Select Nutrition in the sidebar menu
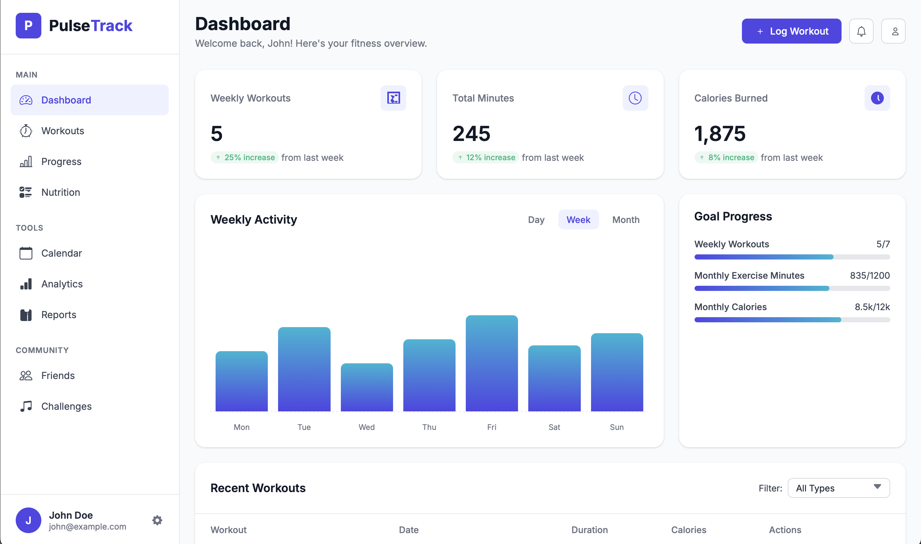[x=61, y=192]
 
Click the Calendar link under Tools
[x=61, y=253]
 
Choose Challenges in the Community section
[x=66, y=406]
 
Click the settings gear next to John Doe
[x=157, y=520]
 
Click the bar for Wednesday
[x=366, y=387]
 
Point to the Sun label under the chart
[x=616, y=427]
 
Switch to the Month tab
[x=626, y=219]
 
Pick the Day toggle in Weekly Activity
[x=536, y=219]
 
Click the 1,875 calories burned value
[x=720, y=133]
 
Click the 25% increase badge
[x=244, y=157]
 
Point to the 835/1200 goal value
[x=869, y=275]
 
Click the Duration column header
[x=589, y=530]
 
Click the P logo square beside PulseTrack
[x=28, y=26]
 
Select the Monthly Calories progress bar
[x=792, y=320]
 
